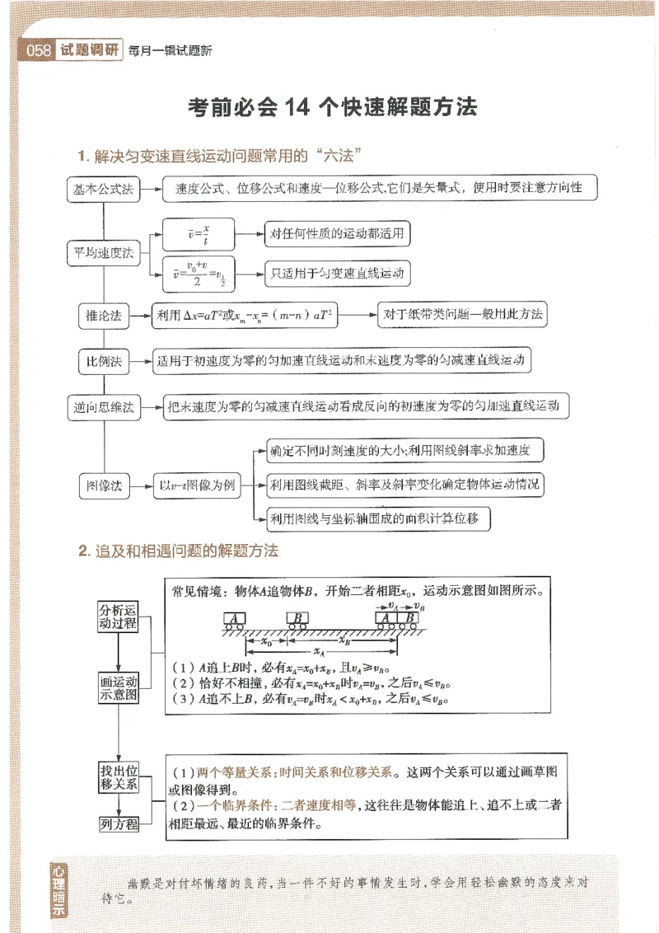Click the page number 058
pyautogui.click(x=40, y=51)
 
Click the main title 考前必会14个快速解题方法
pyautogui.click(x=333, y=108)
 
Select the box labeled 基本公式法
pyautogui.click(x=102, y=189)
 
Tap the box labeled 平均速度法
pyautogui.click(x=102, y=253)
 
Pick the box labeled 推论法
pyautogui.click(x=102, y=316)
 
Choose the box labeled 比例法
pyautogui.click(x=102, y=361)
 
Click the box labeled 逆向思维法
pyautogui.click(x=102, y=406)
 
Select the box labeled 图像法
pyautogui.click(x=102, y=485)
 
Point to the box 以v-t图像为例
pyautogui.click(x=197, y=485)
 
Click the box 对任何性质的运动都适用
pyautogui.click(x=336, y=234)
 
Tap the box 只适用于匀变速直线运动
pyautogui.click(x=336, y=272)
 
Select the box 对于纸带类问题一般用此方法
pyautogui.click(x=464, y=315)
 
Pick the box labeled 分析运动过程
pyautogui.click(x=119, y=616)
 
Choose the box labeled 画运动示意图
pyautogui.click(x=119, y=688)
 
